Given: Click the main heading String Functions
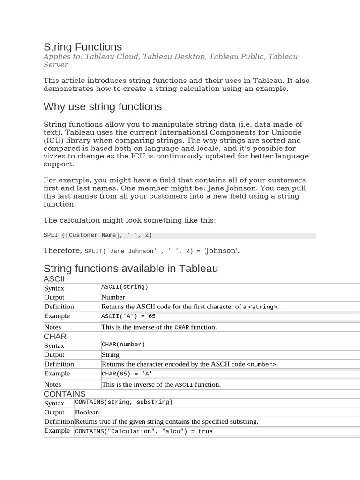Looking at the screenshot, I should (82, 47).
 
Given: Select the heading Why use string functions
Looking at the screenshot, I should (103, 107).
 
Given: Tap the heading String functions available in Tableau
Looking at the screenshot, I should (131, 269).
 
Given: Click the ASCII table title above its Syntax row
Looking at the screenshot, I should (54, 279).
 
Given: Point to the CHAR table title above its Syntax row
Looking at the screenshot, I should (55, 337).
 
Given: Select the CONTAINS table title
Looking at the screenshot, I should (65, 394).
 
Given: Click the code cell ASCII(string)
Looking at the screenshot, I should (125, 287).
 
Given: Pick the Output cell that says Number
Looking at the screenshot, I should (113, 297).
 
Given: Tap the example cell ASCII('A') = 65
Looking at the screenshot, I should (128, 316).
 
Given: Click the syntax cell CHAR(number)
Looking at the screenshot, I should (123, 345).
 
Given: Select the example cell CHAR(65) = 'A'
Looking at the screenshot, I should (127, 374).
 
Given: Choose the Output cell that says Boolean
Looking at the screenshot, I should (87, 412).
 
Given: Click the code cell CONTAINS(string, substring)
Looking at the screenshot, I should (124, 402).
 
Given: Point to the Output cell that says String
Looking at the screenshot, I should (111, 355).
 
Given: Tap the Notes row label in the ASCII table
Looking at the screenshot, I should (52, 327).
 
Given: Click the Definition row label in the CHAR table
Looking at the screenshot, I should (59, 364).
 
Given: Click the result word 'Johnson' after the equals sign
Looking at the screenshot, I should (222, 251).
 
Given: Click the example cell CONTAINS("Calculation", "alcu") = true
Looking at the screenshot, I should (143, 431).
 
